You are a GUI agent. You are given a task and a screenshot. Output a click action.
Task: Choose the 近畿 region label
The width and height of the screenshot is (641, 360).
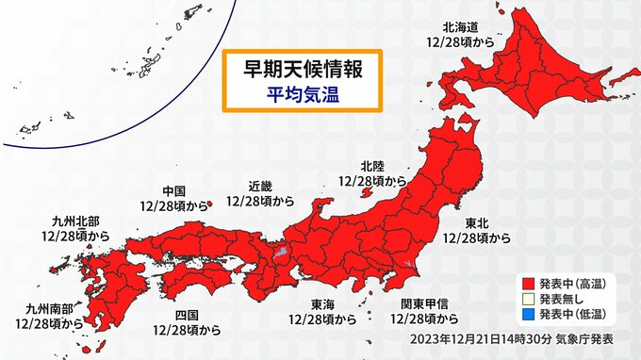[260, 186]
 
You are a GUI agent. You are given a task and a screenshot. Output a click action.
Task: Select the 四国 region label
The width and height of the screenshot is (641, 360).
[187, 315]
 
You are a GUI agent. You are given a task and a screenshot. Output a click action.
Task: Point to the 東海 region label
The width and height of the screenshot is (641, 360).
[322, 304]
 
